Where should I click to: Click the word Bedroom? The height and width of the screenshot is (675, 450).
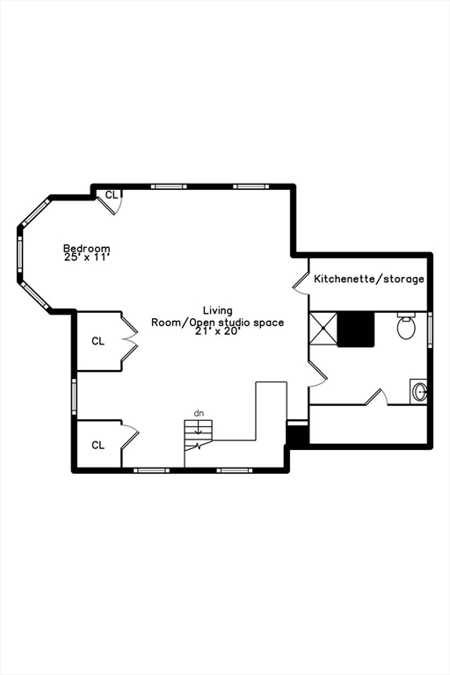[87, 249]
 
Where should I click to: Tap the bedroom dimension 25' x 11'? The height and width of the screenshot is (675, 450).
[87, 258]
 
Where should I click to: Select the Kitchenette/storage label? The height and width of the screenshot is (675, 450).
[369, 279]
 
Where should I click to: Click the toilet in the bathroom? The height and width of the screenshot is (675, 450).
[406, 327]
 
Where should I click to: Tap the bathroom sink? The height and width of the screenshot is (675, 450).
[419, 391]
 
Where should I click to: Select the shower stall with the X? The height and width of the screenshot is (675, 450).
[323, 329]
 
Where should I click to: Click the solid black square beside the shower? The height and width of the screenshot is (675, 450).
[356, 329]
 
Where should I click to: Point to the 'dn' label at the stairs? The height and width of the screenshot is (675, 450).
[199, 412]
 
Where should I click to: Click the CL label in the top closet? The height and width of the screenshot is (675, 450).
[112, 194]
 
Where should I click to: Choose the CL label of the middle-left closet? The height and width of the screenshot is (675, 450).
[98, 341]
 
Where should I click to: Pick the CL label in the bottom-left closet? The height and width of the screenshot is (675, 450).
[98, 445]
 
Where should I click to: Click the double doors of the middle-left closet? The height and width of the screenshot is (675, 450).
[130, 340]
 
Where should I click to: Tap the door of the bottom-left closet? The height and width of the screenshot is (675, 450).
[129, 434]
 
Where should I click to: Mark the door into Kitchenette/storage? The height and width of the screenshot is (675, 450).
[301, 279]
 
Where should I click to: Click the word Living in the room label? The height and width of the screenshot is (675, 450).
[218, 310]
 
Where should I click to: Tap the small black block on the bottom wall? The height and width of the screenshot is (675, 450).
[298, 436]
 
